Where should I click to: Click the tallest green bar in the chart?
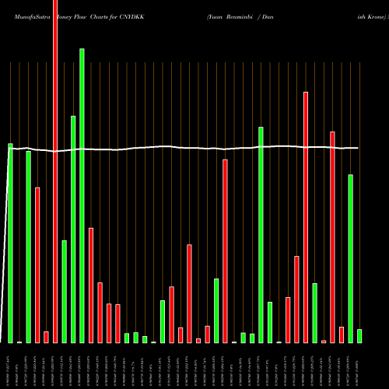82,194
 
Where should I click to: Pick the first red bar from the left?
37,265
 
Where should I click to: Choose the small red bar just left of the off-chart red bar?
46,337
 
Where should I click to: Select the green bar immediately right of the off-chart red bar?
64,292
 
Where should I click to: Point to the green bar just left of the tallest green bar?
73,230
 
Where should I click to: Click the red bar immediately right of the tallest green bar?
91,285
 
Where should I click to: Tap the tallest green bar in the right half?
261,234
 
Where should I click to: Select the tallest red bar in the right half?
306,217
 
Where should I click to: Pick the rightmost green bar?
359,335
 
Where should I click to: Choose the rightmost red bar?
342,335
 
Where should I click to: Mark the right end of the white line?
358,148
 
